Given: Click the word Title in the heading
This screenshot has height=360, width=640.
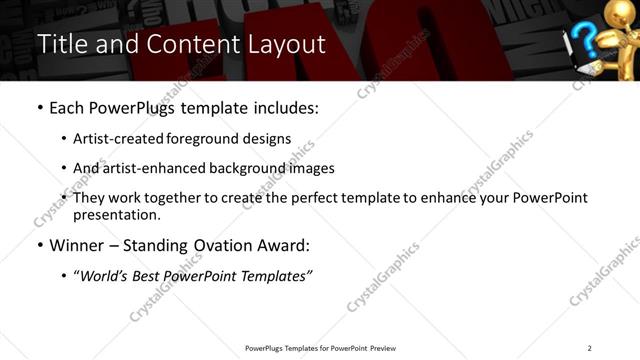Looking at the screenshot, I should pos(60,45).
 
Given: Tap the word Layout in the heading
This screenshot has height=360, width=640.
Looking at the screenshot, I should pos(283,45).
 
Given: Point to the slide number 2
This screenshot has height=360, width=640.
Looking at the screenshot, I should pos(590,347).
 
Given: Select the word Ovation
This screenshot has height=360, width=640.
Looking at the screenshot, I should pos(219,244).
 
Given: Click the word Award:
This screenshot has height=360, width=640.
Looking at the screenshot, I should pos(283,244).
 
